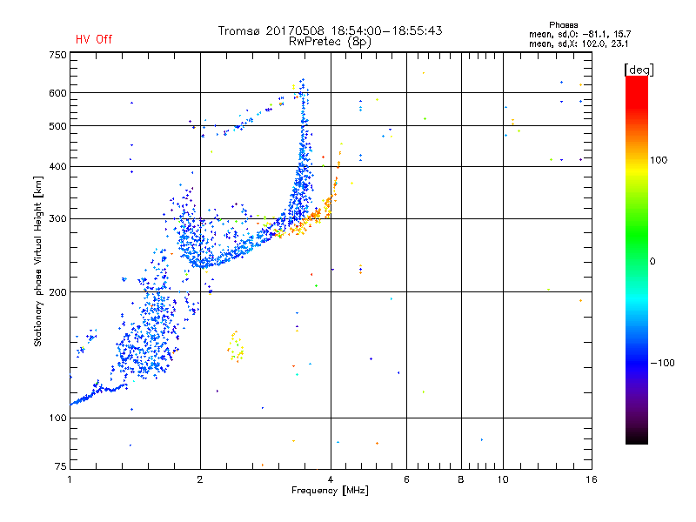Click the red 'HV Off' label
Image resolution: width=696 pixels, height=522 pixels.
coord(93,39)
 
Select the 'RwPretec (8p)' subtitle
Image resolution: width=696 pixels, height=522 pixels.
coord(331,41)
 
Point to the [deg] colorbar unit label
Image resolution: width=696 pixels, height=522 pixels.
coord(639,69)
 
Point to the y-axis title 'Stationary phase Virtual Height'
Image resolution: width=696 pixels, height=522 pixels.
coord(39,261)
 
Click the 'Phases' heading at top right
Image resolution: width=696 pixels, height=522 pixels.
coord(565,24)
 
